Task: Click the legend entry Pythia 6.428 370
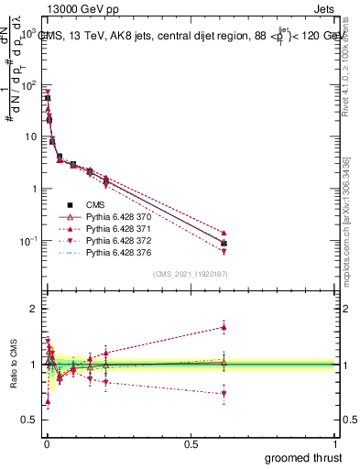click(x=113, y=216)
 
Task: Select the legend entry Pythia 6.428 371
click(x=113, y=228)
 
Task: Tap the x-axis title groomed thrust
click(x=304, y=458)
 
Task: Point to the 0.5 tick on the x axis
click(x=190, y=444)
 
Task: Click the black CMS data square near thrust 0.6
click(x=224, y=243)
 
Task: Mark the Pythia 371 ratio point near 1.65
click(x=224, y=327)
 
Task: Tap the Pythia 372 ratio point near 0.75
click(x=224, y=394)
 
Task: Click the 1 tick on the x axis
click(x=334, y=444)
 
